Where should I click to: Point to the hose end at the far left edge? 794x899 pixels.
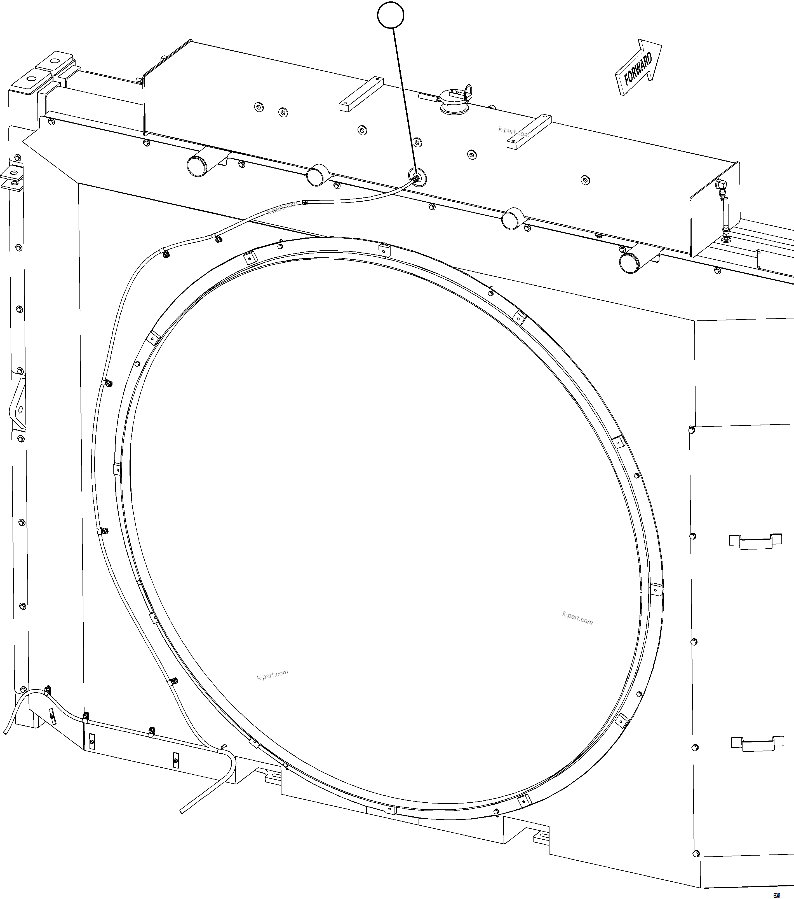(x=5, y=733)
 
